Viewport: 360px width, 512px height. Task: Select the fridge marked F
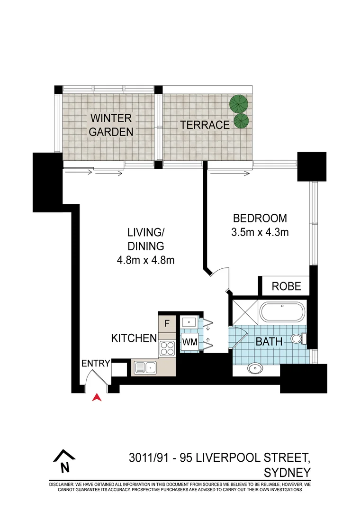pos(167,324)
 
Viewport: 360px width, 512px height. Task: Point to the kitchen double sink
pos(145,366)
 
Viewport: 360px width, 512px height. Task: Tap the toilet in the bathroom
pos(297,339)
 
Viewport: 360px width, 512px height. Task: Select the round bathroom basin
pos(255,368)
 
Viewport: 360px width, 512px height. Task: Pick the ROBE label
pos(287,286)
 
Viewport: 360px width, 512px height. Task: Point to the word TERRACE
pos(205,125)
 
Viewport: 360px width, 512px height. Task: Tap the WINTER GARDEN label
pos(112,125)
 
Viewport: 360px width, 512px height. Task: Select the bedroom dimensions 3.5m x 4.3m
pos(260,232)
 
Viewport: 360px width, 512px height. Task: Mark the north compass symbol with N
pos(64,461)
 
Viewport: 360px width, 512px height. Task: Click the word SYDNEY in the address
pos(287,473)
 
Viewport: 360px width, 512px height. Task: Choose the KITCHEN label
pos(134,338)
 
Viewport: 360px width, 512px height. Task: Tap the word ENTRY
pos(96,364)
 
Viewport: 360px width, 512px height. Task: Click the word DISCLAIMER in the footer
pos(64,485)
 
